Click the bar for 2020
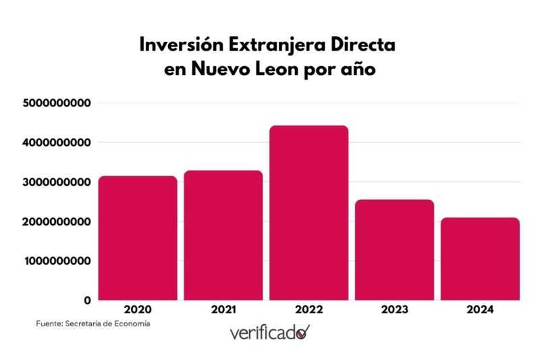(x=138, y=238)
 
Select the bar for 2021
(x=223, y=235)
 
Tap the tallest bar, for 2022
(x=309, y=213)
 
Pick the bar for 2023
(x=394, y=250)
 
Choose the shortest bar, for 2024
(x=480, y=259)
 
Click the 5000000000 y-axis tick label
(x=57, y=103)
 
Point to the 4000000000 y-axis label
(x=57, y=143)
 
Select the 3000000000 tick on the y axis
(x=57, y=182)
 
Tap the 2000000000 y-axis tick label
(x=57, y=222)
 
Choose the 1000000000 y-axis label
(x=57, y=261)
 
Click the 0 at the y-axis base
(x=87, y=300)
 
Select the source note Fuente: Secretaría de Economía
(x=93, y=324)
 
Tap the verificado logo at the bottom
(x=269, y=332)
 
